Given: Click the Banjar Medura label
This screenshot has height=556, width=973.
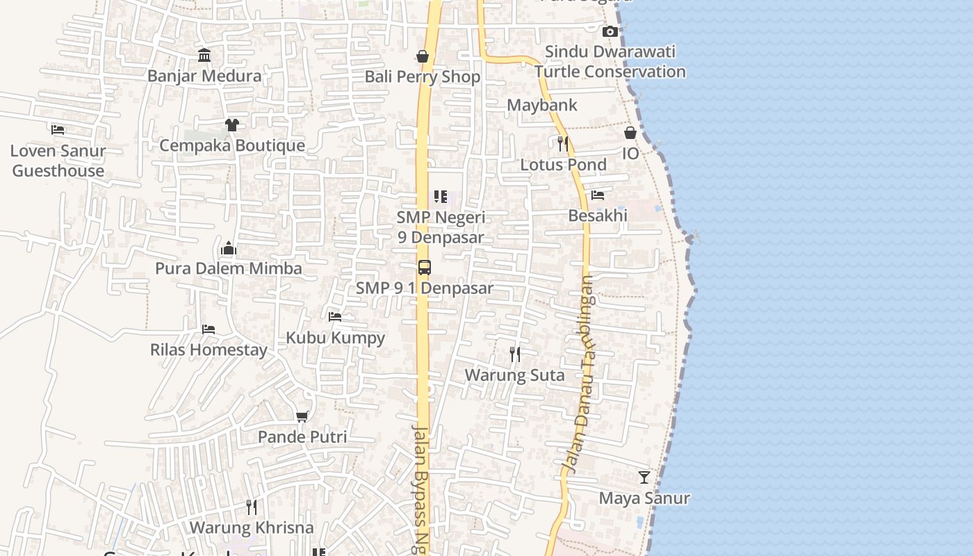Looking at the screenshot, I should click(x=204, y=76).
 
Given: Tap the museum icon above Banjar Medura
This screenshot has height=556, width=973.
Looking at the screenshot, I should click(x=204, y=55).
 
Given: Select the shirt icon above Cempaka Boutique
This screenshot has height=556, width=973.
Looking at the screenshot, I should click(x=231, y=124).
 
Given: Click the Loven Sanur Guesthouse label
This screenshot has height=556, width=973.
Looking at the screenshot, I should click(x=58, y=161).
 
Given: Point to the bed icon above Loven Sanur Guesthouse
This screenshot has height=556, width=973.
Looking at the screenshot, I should click(x=58, y=129).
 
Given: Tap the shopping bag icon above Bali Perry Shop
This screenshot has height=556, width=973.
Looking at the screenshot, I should click(x=422, y=56).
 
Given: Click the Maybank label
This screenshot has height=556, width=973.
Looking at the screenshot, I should click(x=542, y=105).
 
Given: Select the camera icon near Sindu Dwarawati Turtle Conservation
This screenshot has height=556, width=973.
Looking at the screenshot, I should click(x=610, y=31).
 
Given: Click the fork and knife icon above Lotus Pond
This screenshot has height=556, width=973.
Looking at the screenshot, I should click(x=563, y=144).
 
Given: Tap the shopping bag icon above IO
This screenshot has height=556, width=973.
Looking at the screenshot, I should click(x=630, y=132).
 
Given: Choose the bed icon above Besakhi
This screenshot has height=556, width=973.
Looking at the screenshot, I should click(x=598, y=195).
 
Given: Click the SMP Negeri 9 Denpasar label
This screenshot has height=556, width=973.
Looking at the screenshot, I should click(x=441, y=227).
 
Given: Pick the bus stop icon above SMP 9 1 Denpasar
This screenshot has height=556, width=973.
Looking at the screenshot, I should click(x=424, y=268).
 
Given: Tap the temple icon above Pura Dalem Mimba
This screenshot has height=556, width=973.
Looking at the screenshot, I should click(x=228, y=248).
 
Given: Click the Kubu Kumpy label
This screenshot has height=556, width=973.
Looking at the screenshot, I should click(x=336, y=338).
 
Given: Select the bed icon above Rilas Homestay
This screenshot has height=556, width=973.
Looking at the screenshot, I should click(x=208, y=329).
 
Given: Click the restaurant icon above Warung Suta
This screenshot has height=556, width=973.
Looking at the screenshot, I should click(x=514, y=354).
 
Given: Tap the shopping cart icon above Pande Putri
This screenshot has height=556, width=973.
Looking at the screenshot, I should click(x=302, y=416).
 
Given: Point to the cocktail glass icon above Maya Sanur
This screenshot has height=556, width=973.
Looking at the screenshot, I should click(x=644, y=477).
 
